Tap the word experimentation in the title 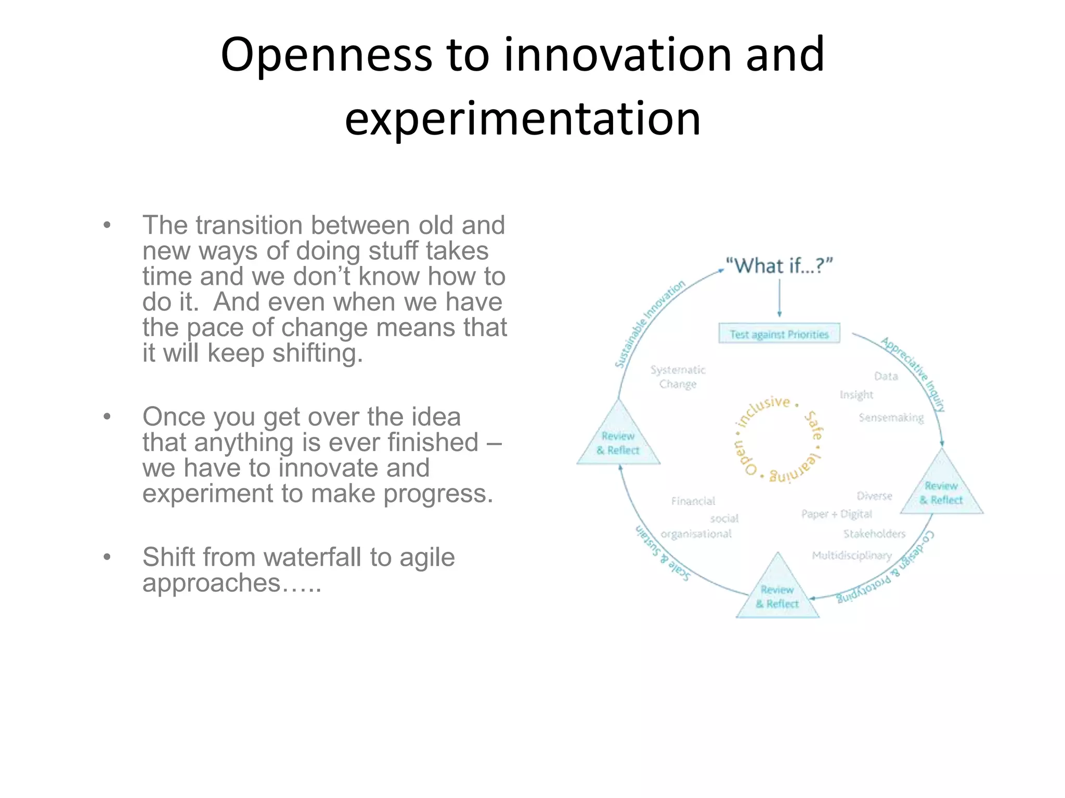[x=523, y=119]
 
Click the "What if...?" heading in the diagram [x=778, y=266]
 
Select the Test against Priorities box [x=778, y=334]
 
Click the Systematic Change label [x=678, y=377]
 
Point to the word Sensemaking [x=891, y=418]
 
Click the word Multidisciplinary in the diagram [x=852, y=555]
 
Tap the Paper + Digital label [x=836, y=514]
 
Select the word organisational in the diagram [x=696, y=534]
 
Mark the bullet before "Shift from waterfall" [x=107, y=557]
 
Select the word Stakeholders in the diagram [x=874, y=534]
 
